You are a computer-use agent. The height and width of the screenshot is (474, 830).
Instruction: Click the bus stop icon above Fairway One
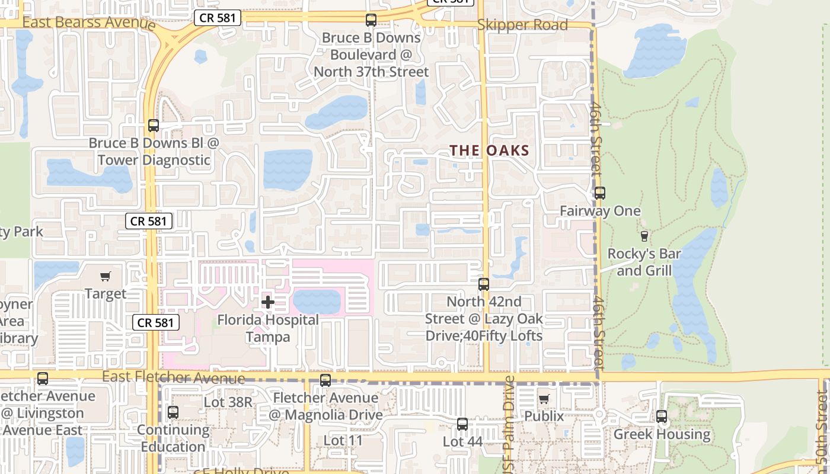click(600, 193)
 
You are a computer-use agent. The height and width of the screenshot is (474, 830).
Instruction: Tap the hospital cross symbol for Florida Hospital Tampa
click(268, 303)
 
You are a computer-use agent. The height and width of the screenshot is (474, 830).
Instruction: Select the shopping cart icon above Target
click(106, 276)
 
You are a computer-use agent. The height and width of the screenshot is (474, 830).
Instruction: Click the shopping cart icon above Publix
click(544, 399)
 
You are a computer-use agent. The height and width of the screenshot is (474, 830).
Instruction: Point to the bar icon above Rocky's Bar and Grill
click(644, 236)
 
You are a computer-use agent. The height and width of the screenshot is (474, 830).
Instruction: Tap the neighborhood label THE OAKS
click(489, 150)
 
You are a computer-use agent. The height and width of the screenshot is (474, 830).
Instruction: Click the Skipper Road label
click(522, 25)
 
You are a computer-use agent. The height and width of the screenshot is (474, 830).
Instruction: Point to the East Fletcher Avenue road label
click(173, 377)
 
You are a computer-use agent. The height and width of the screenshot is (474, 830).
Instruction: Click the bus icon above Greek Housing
click(662, 417)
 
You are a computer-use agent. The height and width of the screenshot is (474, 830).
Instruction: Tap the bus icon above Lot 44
click(462, 424)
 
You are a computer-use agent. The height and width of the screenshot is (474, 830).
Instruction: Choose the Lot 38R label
click(228, 402)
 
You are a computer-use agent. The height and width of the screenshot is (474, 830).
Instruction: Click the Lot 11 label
click(343, 441)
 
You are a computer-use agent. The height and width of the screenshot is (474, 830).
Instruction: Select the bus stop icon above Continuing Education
click(173, 412)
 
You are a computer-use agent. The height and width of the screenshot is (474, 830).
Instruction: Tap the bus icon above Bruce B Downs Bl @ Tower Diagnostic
click(154, 126)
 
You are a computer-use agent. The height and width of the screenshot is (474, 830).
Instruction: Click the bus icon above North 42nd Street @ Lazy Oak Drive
click(484, 284)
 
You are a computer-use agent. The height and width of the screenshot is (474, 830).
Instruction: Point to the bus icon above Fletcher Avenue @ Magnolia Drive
click(325, 380)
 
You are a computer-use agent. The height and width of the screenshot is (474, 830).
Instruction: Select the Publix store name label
click(544, 416)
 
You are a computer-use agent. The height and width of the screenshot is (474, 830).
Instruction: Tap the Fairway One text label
click(600, 211)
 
